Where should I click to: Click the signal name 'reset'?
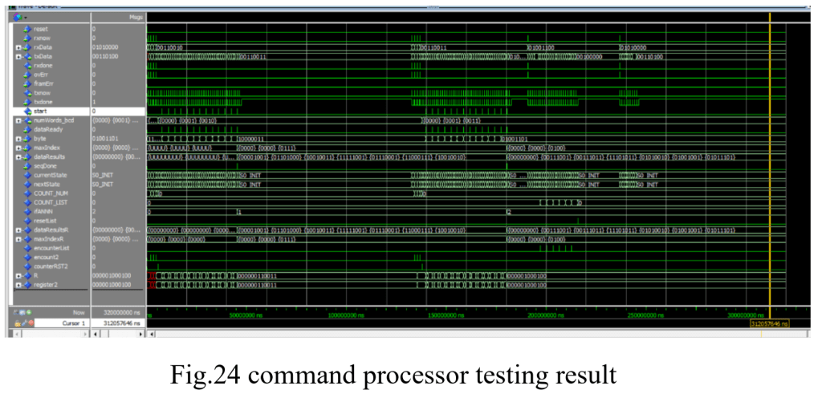click(x=41, y=29)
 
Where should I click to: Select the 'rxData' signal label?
click(x=43, y=47)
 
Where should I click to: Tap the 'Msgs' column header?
click(x=135, y=17)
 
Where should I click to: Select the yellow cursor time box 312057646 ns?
click(x=769, y=323)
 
